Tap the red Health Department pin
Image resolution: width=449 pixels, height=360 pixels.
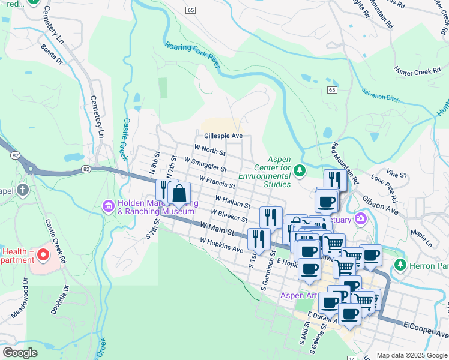pyautogui.click(x=43, y=256)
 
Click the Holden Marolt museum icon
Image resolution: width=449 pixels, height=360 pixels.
pyautogui.click(x=109, y=206)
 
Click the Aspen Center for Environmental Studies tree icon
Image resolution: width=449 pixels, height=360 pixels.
pyautogui.click(x=300, y=172)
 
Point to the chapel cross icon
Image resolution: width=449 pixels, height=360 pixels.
pyautogui.click(x=23, y=191)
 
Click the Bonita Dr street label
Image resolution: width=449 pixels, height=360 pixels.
pyautogui.click(x=52, y=53)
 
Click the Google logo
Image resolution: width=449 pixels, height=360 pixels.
pyautogui.click(x=20, y=353)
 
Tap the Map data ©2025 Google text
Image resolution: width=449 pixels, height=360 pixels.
pyautogui.click(x=411, y=355)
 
